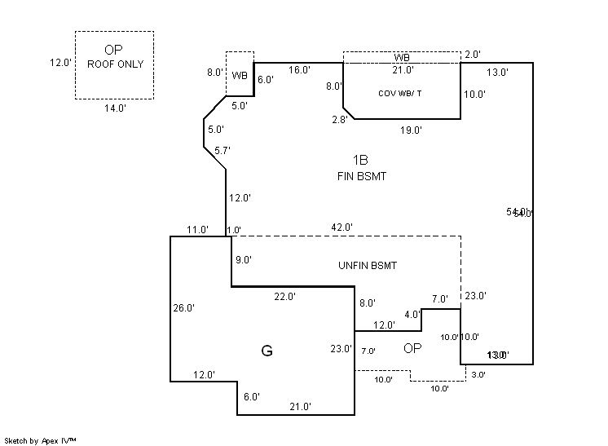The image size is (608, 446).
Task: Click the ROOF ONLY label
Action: click(114, 64)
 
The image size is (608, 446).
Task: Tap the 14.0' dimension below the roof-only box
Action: click(114, 107)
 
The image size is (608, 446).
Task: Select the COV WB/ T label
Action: click(399, 93)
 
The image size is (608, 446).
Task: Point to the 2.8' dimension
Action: click(339, 120)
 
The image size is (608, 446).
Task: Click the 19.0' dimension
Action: click(410, 130)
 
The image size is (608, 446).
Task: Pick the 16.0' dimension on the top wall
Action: click(298, 70)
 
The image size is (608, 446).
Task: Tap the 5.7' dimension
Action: click(222, 150)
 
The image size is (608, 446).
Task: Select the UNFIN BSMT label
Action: click(367, 266)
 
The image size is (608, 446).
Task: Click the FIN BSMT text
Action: click(361, 175)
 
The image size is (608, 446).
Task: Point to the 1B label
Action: click(361, 161)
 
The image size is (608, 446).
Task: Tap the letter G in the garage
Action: click(267, 351)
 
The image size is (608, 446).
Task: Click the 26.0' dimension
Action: click(183, 308)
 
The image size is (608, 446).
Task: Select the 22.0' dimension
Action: click(284, 296)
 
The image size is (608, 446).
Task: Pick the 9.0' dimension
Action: click(243, 260)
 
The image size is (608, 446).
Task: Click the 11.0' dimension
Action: click(197, 229)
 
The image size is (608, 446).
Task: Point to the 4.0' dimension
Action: click(412, 314)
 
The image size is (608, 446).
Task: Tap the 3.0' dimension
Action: click(478, 375)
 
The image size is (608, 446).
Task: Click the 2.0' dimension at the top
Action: click(472, 55)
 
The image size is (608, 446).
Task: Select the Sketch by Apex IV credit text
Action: click(40, 439)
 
